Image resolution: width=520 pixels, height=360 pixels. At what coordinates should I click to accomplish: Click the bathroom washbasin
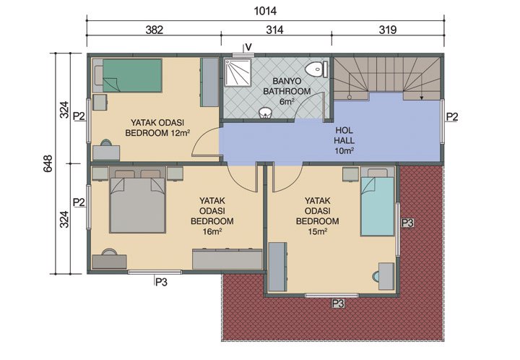[x=266, y=112]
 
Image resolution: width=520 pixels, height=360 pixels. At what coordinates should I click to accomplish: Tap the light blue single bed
[x=378, y=207]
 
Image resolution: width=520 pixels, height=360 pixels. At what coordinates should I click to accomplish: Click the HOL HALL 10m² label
[x=344, y=141]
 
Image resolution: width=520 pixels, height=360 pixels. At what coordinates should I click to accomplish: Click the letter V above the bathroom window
[x=248, y=47]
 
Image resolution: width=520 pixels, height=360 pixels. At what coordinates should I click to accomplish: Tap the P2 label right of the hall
[x=452, y=116]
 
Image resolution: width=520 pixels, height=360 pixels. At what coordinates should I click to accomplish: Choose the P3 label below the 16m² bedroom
[x=161, y=283]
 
